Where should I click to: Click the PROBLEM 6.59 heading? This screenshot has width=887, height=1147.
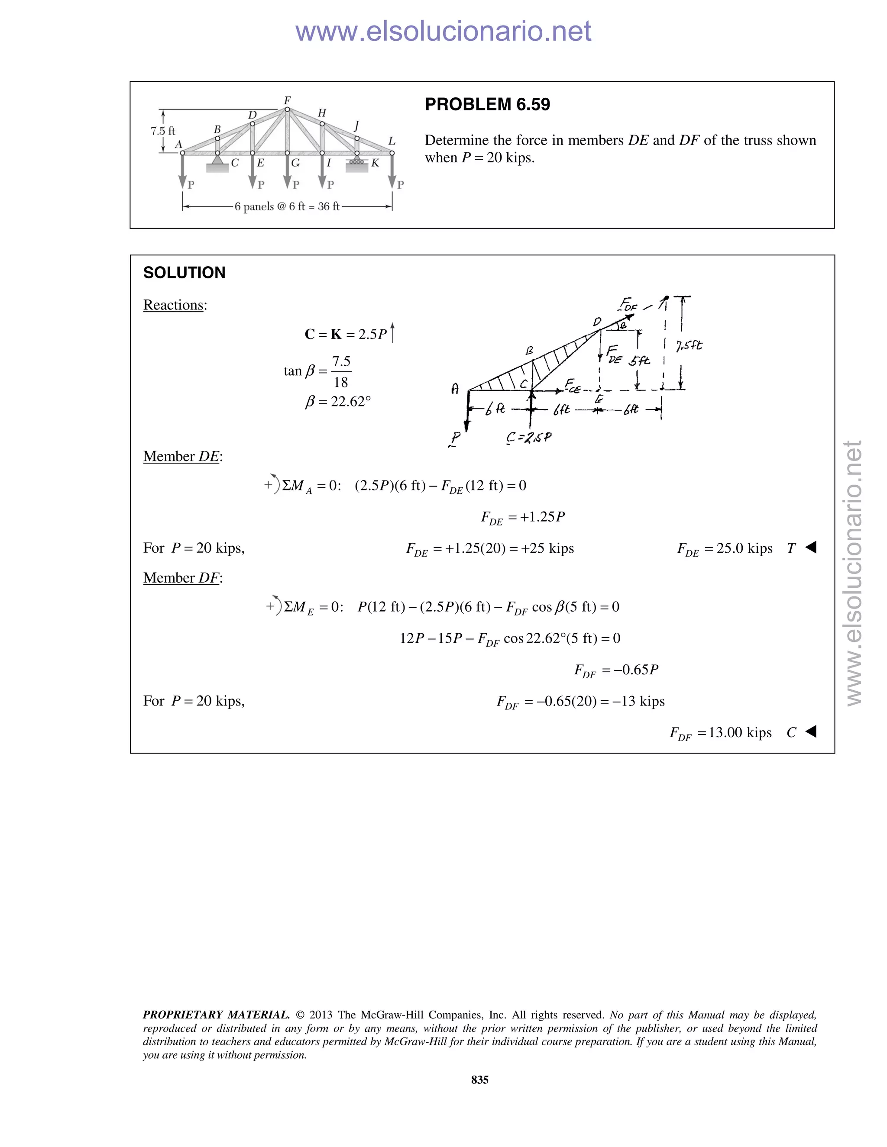[487, 104]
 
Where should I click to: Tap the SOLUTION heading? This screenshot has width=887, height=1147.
[184, 273]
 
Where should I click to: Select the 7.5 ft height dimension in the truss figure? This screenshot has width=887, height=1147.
[163, 131]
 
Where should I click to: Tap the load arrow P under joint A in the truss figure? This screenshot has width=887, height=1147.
[183, 172]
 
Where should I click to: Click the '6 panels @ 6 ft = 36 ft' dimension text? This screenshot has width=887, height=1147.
[287, 206]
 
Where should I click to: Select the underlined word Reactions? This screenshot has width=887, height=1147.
[173, 305]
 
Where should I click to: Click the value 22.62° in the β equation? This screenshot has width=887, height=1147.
[350, 402]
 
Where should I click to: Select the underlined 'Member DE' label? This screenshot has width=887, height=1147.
[182, 456]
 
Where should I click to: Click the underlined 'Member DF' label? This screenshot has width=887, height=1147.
[182, 578]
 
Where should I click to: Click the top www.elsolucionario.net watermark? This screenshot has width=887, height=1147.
[443, 31]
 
